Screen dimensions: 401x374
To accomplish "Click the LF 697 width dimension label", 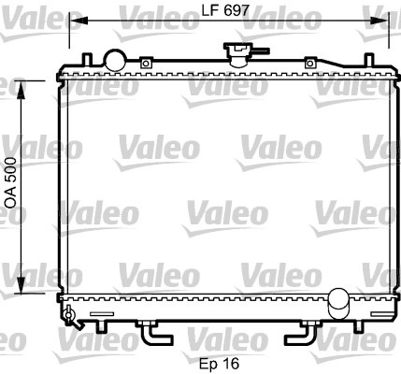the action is [225, 11].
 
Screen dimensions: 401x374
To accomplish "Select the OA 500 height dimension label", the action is [11, 183].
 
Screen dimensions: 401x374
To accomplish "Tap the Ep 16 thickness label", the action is [220, 364].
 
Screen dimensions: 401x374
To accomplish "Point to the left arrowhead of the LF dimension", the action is [78, 21].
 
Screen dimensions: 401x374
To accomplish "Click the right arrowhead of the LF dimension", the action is [380, 21].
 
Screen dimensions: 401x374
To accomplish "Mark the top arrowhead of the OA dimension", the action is [21, 90].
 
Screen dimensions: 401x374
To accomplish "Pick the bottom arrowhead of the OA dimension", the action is [21, 284].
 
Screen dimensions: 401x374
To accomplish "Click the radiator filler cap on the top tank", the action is [239, 54].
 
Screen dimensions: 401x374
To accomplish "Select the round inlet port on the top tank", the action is [115, 60].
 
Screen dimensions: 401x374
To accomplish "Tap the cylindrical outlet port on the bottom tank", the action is [339, 303].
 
